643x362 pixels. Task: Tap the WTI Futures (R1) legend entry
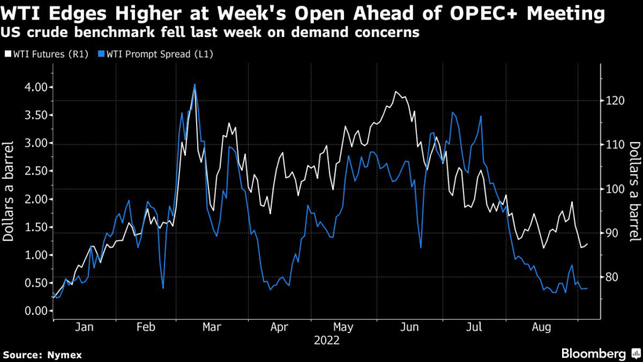43,54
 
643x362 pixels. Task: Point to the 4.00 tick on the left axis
36,87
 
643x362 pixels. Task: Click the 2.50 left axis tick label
36,171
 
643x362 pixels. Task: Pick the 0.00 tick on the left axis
36,311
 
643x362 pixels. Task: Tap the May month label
343,327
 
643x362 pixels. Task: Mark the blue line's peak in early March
195,84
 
